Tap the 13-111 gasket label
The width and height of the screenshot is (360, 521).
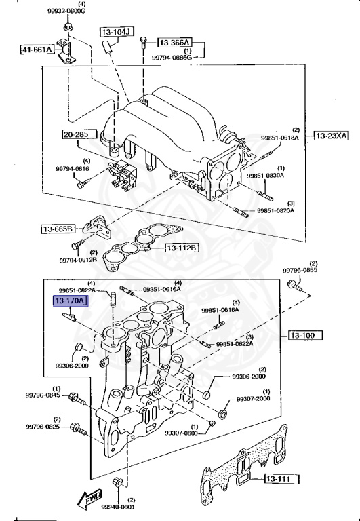pyautogui.click(x=278, y=480)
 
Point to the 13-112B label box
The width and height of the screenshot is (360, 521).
pyautogui.click(x=181, y=248)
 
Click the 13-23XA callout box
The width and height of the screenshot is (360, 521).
pyautogui.click(x=331, y=136)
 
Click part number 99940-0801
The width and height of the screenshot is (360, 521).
pyautogui.click(x=119, y=506)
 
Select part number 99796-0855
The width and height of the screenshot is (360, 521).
pyautogui.click(x=300, y=271)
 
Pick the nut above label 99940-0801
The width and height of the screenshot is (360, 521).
pyautogui.click(x=117, y=483)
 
